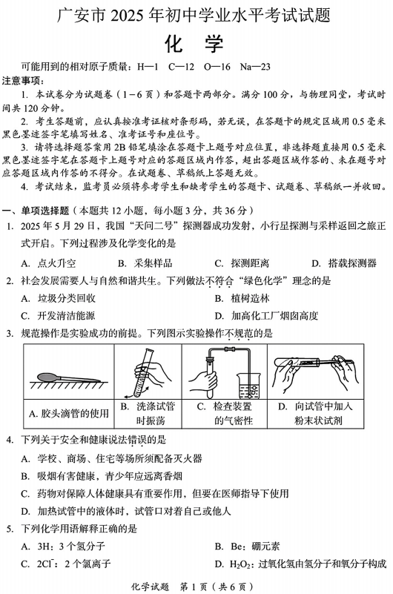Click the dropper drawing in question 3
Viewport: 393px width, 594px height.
click(63, 371)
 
